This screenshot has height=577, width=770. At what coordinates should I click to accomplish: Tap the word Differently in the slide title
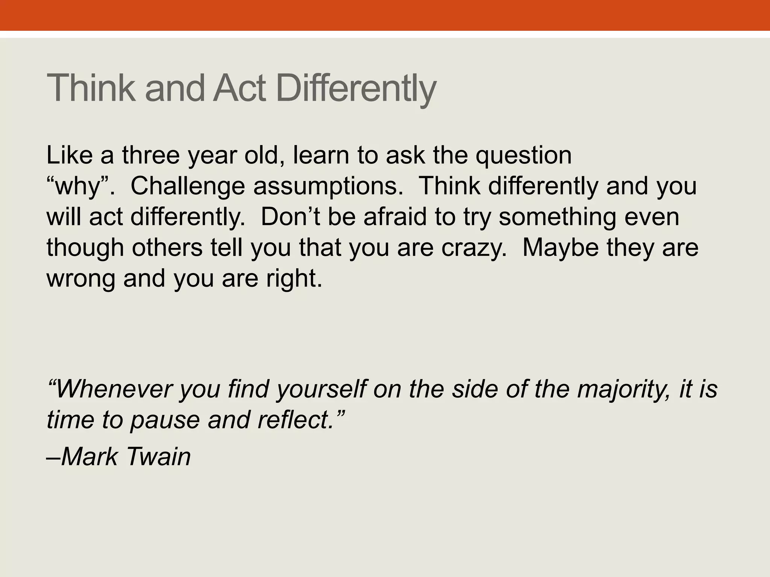(x=356, y=88)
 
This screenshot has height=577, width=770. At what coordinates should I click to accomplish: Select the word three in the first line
(x=151, y=155)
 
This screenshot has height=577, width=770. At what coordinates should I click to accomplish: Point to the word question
(x=523, y=155)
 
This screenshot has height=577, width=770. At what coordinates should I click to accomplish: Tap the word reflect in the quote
(x=296, y=420)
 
